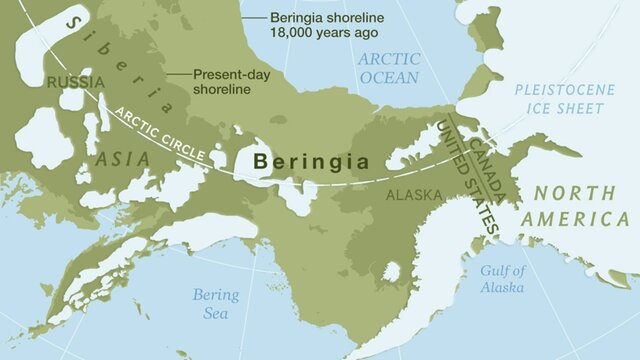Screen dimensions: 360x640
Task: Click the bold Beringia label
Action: [x=310, y=160]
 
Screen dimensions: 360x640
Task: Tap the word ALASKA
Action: [x=413, y=195]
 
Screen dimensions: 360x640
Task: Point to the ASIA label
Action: [x=123, y=158]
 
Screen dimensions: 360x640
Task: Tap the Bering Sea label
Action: [x=217, y=303]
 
